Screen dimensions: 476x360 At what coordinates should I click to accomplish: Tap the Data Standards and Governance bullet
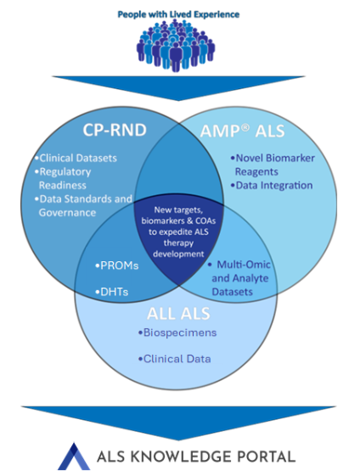[84, 205]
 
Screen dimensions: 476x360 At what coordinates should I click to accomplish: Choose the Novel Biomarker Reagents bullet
[272, 165]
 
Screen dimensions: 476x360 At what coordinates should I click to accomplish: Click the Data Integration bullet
[273, 185]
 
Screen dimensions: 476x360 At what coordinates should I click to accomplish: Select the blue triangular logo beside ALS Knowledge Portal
[73, 456]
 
